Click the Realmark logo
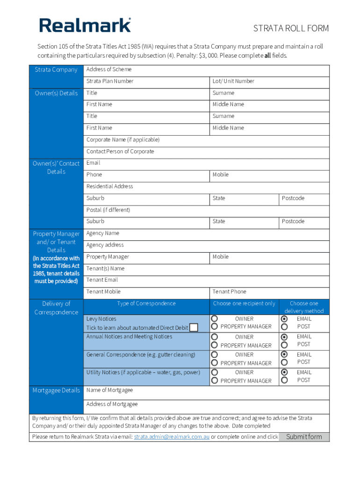(x=85, y=25)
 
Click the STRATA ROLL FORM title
(x=291, y=29)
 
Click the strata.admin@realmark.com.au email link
(x=172, y=437)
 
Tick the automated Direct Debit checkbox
(x=194, y=327)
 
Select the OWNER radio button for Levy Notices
(x=215, y=319)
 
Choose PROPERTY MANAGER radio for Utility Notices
(x=215, y=381)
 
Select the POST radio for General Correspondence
(x=284, y=362)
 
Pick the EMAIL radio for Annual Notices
(x=284, y=337)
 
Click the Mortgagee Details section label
(x=56, y=391)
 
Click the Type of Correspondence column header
(x=146, y=304)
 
